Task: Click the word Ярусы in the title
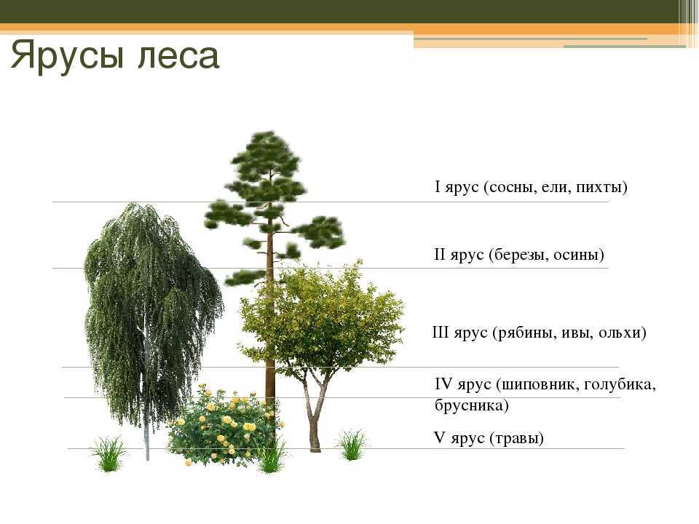pos(68,55)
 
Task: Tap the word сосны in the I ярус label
pos(513,188)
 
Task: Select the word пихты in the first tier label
pos(598,188)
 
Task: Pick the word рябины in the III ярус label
pos(524,333)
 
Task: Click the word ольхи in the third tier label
pos(619,333)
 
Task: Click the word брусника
pos(469,406)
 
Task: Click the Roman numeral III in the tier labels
pos(441,333)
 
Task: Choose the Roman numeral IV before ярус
pos(444,384)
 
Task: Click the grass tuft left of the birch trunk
pos(108,453)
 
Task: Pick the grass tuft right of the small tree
pos(352,445)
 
